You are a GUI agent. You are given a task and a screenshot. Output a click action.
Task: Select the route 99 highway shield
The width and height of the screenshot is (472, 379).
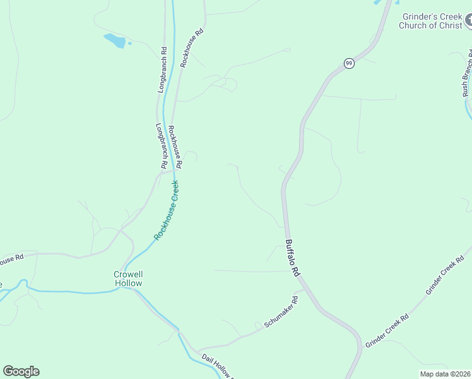click(x=349, y=63)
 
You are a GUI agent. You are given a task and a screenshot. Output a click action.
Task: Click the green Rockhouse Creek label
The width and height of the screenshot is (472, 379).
click(x=167, y=210)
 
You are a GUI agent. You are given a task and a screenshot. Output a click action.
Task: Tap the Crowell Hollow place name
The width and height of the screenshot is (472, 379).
click(x=128, y=279)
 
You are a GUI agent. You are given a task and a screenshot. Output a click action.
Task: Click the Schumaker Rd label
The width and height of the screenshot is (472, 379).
click(x=281, y=313)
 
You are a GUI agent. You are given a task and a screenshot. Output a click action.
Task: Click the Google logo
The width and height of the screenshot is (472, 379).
click(x=21, y=371)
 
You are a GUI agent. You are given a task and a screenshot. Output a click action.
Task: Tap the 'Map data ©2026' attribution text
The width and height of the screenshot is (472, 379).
click(x=445, y=374)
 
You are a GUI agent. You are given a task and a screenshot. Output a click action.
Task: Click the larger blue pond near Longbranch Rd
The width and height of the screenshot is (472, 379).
click(x=115, y=41)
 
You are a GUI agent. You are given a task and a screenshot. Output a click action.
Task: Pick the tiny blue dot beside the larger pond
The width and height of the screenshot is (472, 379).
click(x=129, y=44)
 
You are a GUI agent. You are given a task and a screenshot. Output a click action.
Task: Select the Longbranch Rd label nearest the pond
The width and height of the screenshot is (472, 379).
click(x=162, y=70)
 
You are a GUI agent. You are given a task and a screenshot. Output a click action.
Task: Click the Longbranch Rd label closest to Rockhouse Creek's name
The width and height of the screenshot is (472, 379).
click(x=160, y=145)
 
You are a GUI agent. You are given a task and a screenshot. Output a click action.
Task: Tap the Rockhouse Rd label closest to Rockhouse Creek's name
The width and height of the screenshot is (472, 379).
click(x=175, y=147)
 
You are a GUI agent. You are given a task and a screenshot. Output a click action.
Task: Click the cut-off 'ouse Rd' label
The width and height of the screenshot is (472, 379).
click(x=11, y=259)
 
